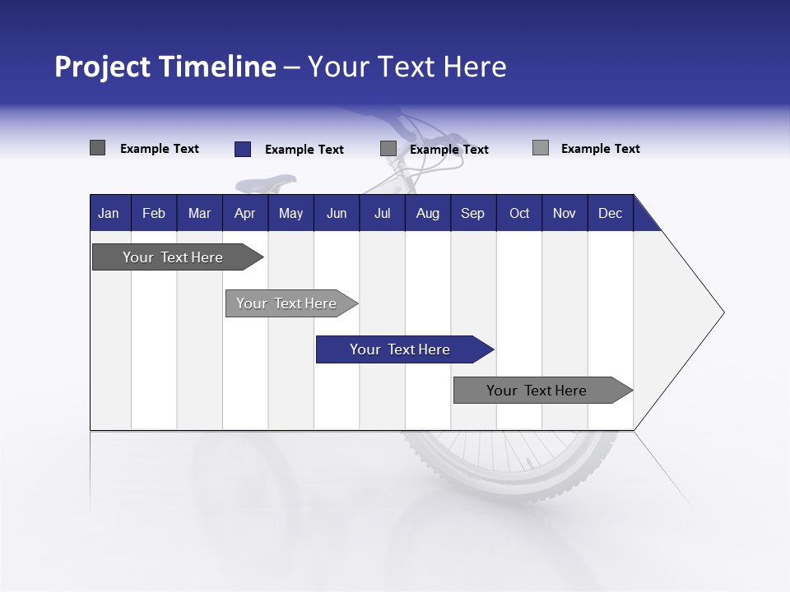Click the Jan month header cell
click(x=109, y=213)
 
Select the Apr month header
click(x=244, y=213)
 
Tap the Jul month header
click(x=382, y=213)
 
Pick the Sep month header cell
click(x=472, y=213)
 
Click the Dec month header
click(x=610, y=213)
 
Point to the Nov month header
click(x=564, y=213)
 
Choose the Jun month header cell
click(x=336, y=213)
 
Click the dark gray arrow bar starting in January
click(x=174, y=257)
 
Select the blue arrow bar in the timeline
click(x=401, y=349)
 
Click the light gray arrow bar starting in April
click(x=287, y=303)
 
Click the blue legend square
click(x=242, y=149)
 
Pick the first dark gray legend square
click(x=97, y=148)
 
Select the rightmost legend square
click(x=540, y=148)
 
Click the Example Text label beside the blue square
click(x=304, y=150)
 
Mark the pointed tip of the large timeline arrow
click(x=723, y=312)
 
